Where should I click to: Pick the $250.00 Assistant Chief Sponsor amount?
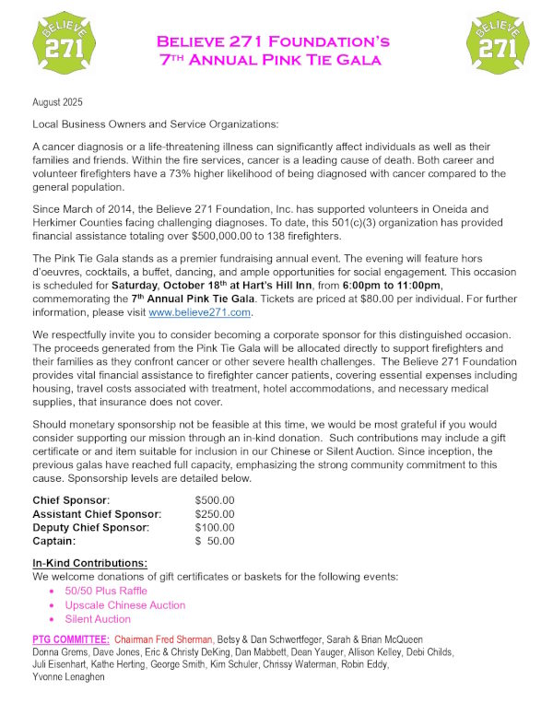(215, 513)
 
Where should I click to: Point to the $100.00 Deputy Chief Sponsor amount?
(215, 527)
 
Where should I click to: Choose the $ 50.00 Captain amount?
(215, 541)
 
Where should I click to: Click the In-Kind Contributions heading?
(89, 563)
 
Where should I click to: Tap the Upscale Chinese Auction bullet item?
(124, 605)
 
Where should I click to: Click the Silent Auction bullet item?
(98, 619)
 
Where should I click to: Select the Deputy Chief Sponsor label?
(90, 527)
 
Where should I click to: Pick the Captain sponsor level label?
(56, 541)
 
